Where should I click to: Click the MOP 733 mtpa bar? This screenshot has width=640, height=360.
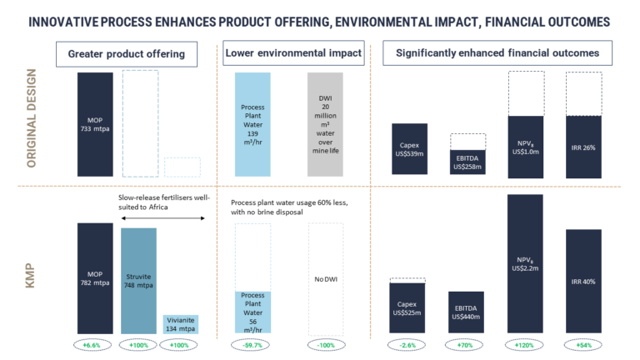[x=95, y=124]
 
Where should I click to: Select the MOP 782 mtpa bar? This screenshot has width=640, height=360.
[x=95, y=277]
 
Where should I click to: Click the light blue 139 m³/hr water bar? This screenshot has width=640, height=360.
[x=252, y=124]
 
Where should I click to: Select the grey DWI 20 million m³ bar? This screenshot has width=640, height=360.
[x=325, y=124]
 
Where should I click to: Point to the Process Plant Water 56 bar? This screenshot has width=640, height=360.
[x=252, y=311]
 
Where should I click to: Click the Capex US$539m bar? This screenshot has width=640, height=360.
[x=409, y=149]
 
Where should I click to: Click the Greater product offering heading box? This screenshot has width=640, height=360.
[x=127, y=55]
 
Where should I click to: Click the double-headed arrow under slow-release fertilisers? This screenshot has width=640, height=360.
[x=162, y=218]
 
